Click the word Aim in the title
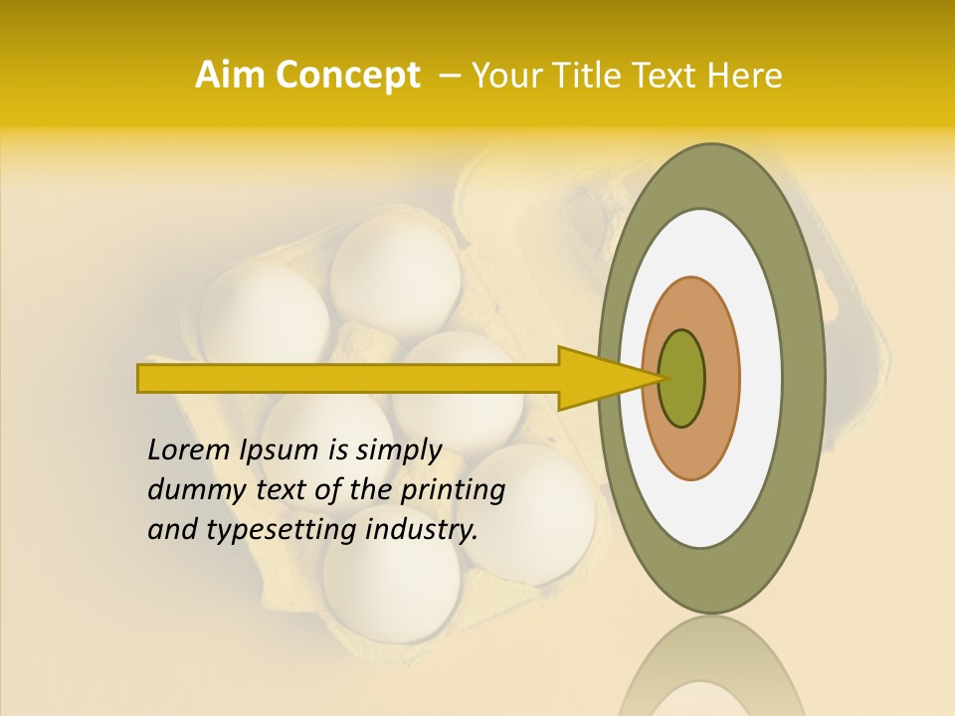click(x=231, y=76)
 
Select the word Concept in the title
click(x=346, y=76)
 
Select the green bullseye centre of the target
click(x=681, y=378)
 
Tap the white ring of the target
click(x=760, y=378)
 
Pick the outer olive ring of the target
click(x=804, y=378)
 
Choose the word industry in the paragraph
click(x=422, y=530)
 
